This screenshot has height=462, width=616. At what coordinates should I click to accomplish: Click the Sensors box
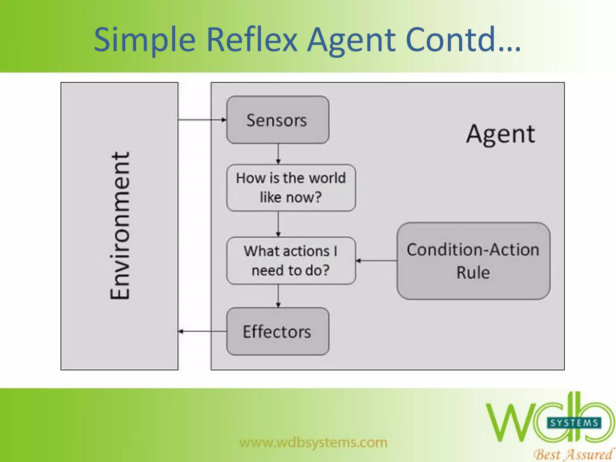[277, 120]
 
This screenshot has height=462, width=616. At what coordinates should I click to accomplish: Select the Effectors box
[277, 331]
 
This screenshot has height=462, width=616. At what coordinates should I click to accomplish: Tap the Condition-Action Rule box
[473, 261]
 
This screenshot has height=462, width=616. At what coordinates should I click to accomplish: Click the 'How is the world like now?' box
[291, 188]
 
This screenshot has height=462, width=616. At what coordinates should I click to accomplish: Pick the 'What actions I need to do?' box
[291, 260]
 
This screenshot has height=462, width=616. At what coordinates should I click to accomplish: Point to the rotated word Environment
[120, 226]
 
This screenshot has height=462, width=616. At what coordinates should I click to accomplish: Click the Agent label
[501, 134]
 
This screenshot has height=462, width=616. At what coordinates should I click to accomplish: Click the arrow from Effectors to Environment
[202, 331]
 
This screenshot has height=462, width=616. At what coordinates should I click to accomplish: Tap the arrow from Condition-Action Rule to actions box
[376, 260]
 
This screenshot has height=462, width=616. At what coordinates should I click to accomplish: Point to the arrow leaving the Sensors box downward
[278, 154]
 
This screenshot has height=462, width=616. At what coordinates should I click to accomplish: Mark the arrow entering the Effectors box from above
[278, 296]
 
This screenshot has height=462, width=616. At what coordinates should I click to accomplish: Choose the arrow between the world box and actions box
[278, 224]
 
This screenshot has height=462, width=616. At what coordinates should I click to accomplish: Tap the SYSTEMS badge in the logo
[574, 423]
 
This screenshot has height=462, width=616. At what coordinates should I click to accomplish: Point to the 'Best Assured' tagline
[573, 454]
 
